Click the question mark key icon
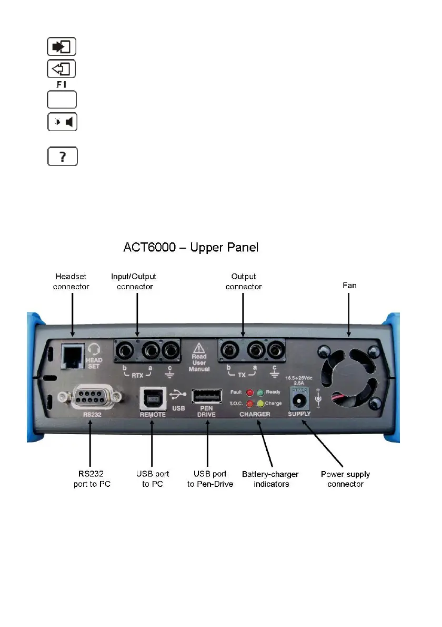coord(63,156)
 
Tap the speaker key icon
coord(63,123)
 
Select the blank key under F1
coord(62,100)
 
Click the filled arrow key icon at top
coord(62,46)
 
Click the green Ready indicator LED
coord(260,393)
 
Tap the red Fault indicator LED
coord(249,393)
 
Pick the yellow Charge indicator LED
coord(260,404)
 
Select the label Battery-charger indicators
coord(272,479)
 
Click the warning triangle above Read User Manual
coord(199,348)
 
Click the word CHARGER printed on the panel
coord(255,415)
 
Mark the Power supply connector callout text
coord(345,479)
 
